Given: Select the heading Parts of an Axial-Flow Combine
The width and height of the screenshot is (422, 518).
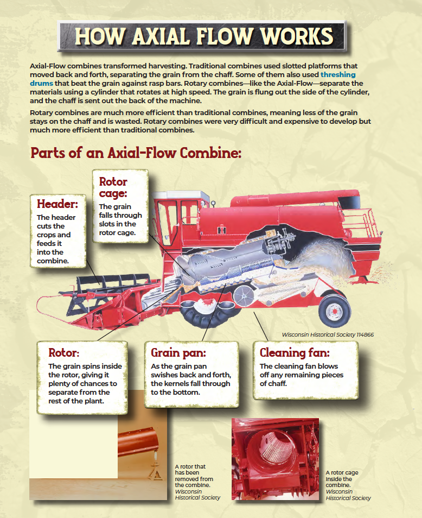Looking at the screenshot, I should tap(136, 153).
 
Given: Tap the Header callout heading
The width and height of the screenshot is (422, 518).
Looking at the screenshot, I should tap(57, 204).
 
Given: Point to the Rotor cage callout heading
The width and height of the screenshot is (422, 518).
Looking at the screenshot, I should tap(113, 187).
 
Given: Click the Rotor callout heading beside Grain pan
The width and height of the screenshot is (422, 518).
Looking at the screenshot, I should tap(63, 353).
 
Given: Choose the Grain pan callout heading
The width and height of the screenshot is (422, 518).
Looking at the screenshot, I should tap(178, 353).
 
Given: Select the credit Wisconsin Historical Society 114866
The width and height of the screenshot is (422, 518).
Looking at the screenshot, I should tap(328, 334).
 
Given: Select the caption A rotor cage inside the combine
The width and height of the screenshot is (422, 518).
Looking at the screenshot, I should tap(347, 485).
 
